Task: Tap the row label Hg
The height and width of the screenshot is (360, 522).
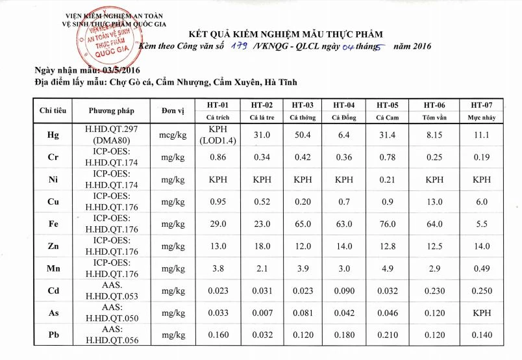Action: (53, 135)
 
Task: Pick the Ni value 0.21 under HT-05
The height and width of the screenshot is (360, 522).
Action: (387, 179)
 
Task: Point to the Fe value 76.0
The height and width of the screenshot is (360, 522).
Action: (387, 224)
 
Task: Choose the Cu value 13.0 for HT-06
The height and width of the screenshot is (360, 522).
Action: (434, 201)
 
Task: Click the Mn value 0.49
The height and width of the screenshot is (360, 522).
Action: (480, 268)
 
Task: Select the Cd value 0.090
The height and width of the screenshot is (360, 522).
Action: (343, 291)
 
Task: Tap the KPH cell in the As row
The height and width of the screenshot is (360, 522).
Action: (480, 313)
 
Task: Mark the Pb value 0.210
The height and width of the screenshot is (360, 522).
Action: (387, 335)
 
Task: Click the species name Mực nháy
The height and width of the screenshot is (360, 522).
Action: (480, 118)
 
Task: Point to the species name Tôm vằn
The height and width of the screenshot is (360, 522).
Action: (434, 118)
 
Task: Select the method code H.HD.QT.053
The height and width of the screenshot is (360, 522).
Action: (111, 296)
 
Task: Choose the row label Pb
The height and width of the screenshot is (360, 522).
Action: (53, 335)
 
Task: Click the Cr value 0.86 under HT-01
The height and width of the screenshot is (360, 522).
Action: (217, 157)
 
